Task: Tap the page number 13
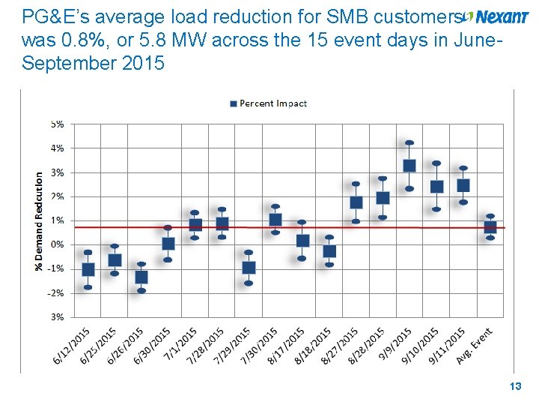[x=514, y=386]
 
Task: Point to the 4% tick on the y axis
[x=57, y=148]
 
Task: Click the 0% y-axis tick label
[x=57, y=244]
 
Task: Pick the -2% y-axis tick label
[x=56, y=293]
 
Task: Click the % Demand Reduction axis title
[x=39, y=219]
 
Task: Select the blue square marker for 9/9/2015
[x=409, y=166]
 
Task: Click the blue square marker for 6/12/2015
[x=88, y=269]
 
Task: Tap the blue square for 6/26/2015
[x=141, y=277]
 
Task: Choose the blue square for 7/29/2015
[x=249, y=268]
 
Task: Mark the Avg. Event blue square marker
[x=490, y=227]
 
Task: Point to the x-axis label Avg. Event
[x=475, y=346]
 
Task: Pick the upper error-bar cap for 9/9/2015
[x=409, y=142]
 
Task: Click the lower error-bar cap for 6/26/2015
[x=141, y=291]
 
